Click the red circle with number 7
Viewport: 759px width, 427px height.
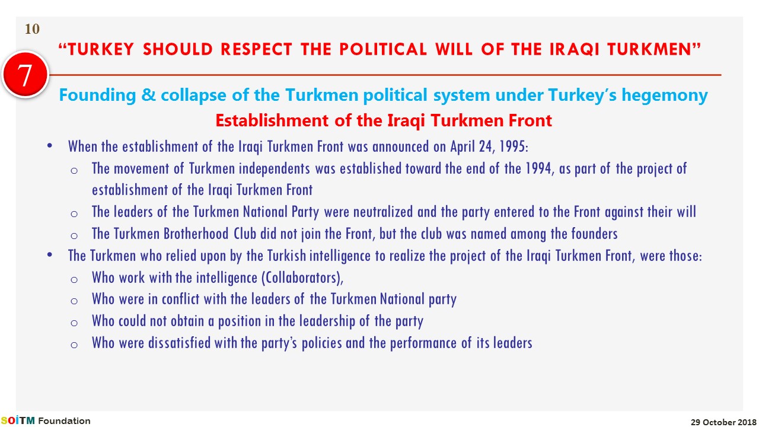(25, 75)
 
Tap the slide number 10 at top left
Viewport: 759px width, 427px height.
(32, 29)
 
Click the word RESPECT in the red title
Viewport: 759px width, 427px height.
(256, 49)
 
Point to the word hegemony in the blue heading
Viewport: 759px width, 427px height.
(665, 95)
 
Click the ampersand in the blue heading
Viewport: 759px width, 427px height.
(148, 94)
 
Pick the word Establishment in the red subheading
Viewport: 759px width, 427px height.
(272, 120)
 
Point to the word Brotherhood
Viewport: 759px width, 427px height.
(196, 234)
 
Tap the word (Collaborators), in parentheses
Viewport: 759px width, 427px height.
(302, 278)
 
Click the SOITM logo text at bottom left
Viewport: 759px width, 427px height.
(18, 420)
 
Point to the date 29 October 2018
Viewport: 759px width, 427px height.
(723, 422)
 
